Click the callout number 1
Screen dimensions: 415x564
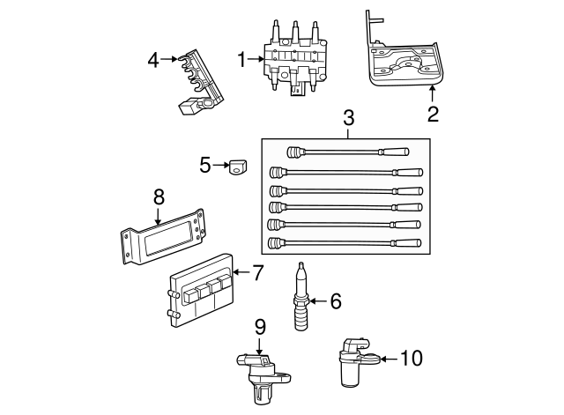click(241, 60)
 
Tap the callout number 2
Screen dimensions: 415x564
click(432, 113)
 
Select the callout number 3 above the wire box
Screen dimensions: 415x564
click(349, 116)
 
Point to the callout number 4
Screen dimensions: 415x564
click(153, 60)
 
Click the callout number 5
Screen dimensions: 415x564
click(205, 164)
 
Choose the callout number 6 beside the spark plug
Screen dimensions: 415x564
click(334, 301)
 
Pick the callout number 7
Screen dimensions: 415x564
click(257, 273)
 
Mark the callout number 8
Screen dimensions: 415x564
click(159, 196)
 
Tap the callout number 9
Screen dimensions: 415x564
click(260, 326)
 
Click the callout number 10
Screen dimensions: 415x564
click(412, 358)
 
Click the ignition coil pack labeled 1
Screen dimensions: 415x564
click(295, 62)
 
